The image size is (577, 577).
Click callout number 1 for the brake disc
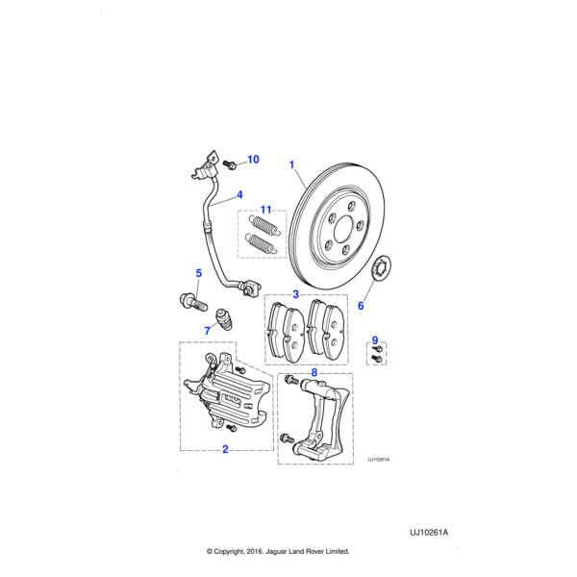(291, 164)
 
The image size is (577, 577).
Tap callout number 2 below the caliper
(225, 448)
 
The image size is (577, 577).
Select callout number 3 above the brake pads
(296, 293)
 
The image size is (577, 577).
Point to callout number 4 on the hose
(239, 194)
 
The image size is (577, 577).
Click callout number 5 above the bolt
(198, 273)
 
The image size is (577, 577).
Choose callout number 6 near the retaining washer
(361, 306)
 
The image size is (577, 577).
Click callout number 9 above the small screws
(376, 339)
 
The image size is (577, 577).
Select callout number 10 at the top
(254, 160)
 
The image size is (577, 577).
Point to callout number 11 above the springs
(266, 209)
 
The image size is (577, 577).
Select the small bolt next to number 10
(230, 165)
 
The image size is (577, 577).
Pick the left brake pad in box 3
(285, 330)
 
